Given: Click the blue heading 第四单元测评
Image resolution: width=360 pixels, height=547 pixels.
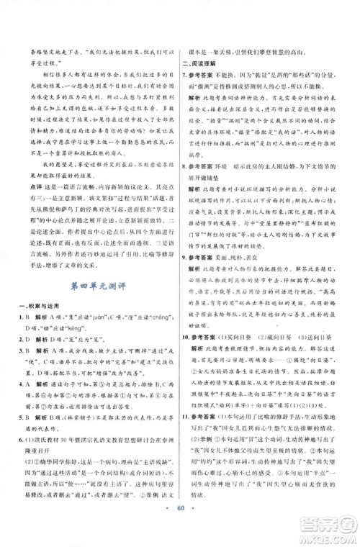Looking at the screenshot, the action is (x=96, y=267).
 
